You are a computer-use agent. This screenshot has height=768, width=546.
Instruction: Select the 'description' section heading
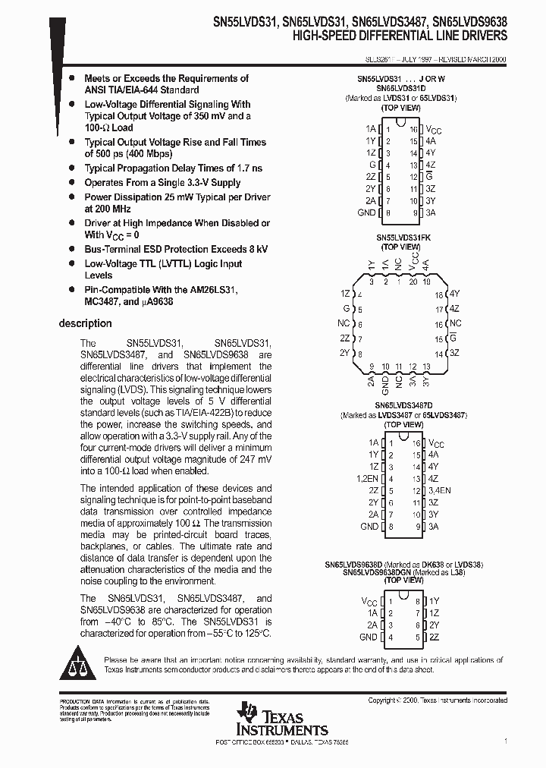(85, 323)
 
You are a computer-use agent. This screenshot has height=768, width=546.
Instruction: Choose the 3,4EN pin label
(439, 491)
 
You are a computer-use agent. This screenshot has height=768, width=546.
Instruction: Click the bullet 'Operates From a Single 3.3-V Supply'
(162, 183)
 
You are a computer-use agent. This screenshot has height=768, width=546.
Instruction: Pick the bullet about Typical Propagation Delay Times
(173, 168)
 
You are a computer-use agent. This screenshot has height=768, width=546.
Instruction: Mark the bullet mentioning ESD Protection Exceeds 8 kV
(176, 249)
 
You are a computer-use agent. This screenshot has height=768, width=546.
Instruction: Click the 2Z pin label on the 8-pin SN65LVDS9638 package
(434, 638)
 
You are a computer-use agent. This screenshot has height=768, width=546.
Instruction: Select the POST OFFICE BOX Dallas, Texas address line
(282, 741)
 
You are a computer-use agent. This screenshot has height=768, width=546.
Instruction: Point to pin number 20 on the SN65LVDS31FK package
(413, 282)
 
